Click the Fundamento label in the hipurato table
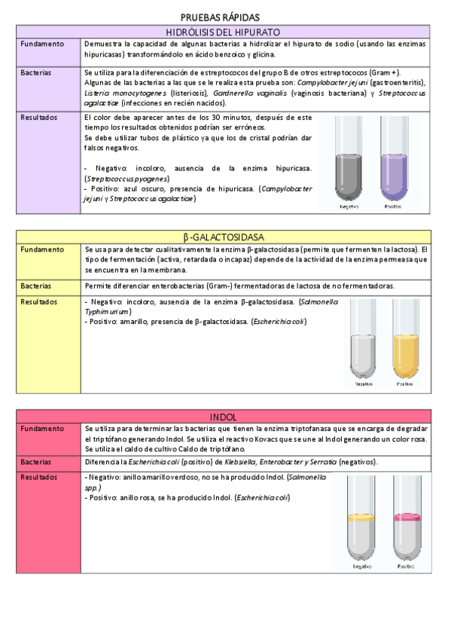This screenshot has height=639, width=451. (x=43, y=44)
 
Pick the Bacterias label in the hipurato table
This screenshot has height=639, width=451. (x=38, y=72)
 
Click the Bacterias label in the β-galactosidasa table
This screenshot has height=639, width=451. (x=38, y=286)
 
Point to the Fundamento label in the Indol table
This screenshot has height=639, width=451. (x=43, y=428)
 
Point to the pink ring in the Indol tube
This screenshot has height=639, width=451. (x=407, y=518)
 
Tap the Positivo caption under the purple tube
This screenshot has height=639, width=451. (x=393, y=206)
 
